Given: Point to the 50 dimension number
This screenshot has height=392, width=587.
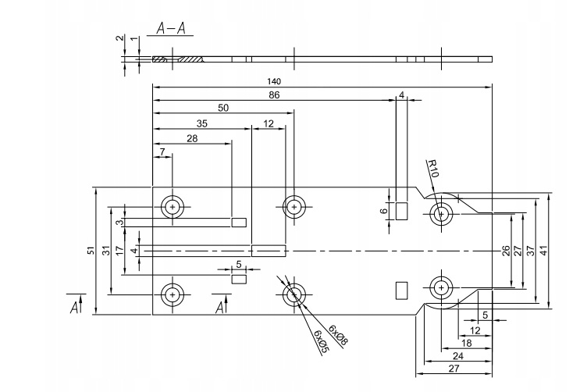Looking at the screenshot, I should pyautogui.click(x=223, y=109).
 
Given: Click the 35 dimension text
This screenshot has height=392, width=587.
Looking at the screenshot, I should pyautogui.click(x=201, y=123).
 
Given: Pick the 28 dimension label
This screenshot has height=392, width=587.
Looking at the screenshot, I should pyautogui.click(x=191, y=137).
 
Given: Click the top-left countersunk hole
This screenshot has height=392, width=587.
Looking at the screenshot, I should pyautogui.click(x=172, y=207).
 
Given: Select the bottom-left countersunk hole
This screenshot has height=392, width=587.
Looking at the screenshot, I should pyautogui.click(x=172, y=294).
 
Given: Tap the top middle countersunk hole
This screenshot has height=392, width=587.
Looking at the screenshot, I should pyautogui.click(x=294, y=207).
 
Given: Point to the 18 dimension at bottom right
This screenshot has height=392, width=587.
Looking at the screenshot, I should pyautogui.click(x=467, y=343).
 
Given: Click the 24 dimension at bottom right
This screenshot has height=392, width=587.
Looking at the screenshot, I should pyautogui.click(x=457, y=356).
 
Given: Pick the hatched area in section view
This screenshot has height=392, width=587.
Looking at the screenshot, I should pyautogui.click(x=190, y=59).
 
